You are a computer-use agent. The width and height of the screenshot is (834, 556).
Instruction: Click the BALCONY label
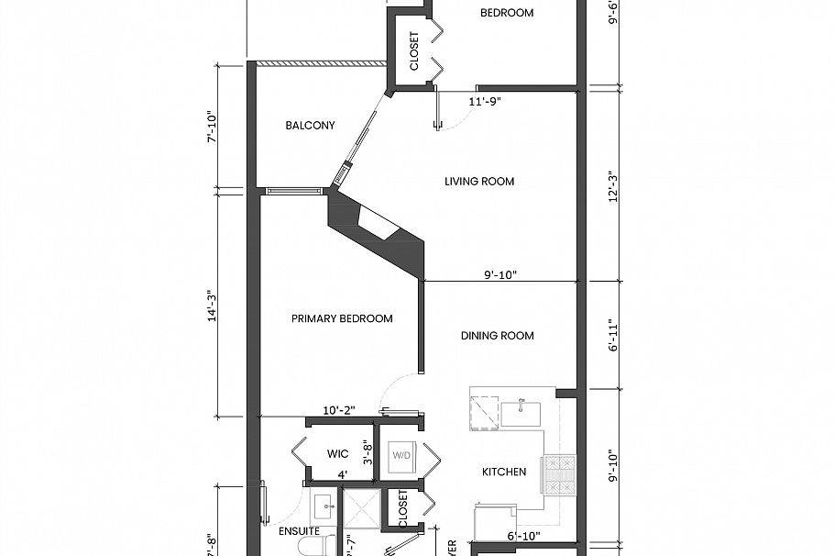pos(310,126)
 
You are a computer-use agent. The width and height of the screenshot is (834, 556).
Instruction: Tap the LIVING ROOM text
pos(479,182)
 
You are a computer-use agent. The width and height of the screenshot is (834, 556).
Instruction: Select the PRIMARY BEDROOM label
pos(342,318)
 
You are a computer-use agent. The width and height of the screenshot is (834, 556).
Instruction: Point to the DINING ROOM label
pos(497,336)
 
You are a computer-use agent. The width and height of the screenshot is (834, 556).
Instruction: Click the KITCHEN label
pos(504,472)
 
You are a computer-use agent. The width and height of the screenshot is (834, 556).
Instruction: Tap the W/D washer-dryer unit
pos(401,455)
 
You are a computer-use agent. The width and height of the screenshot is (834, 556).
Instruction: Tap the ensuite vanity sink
pos(324,505)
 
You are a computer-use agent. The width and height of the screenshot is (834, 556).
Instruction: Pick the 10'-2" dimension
pos(338,410)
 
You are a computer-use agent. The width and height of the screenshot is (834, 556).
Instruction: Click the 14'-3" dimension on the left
pos(212,305)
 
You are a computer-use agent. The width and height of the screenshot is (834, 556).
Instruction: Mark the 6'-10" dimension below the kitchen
pos(523,536)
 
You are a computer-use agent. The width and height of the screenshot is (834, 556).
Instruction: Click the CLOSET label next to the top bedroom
pos(414,52)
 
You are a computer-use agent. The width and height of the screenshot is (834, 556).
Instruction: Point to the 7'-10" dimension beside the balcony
pos(212,126)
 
